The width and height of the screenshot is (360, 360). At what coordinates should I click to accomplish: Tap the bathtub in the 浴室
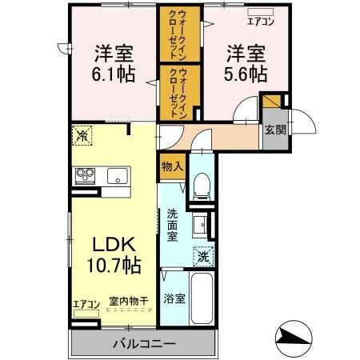(x=202, y=298)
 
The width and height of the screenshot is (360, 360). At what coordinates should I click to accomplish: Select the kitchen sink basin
(x=118, y=176)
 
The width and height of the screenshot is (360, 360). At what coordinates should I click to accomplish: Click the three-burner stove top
(x=85, y=176)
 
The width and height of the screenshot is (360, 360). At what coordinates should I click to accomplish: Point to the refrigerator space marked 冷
(x=82, y=136)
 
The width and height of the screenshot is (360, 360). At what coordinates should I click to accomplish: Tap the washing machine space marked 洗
(x=204, y=257)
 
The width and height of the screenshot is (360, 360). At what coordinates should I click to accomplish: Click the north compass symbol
(x=294, y=338)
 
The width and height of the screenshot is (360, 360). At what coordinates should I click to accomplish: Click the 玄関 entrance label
(x=275, y=130)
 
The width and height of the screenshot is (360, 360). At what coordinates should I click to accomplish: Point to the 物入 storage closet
(x=172, y=167)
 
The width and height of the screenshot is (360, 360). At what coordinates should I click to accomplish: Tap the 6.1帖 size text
(x=114, y=74)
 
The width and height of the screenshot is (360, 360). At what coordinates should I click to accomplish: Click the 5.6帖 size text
(x=246, y=74)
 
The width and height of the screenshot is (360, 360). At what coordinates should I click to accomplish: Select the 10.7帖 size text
(x=114, y=265)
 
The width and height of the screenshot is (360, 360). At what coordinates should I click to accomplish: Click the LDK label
(x=114, y=245)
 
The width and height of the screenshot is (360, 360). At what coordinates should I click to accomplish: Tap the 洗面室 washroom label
(x=172, y=226)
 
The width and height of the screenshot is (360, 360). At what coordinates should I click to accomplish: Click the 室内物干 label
(x=129, y=301)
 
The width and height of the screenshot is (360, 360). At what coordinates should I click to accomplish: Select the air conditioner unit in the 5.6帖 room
(x=260, y=12)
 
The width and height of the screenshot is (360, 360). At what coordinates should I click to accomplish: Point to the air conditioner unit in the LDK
(x=86, y=314)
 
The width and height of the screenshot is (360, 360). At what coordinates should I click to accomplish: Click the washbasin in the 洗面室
(x=199, y=225)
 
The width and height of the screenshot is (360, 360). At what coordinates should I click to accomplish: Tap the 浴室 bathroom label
(x=174, y=298)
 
